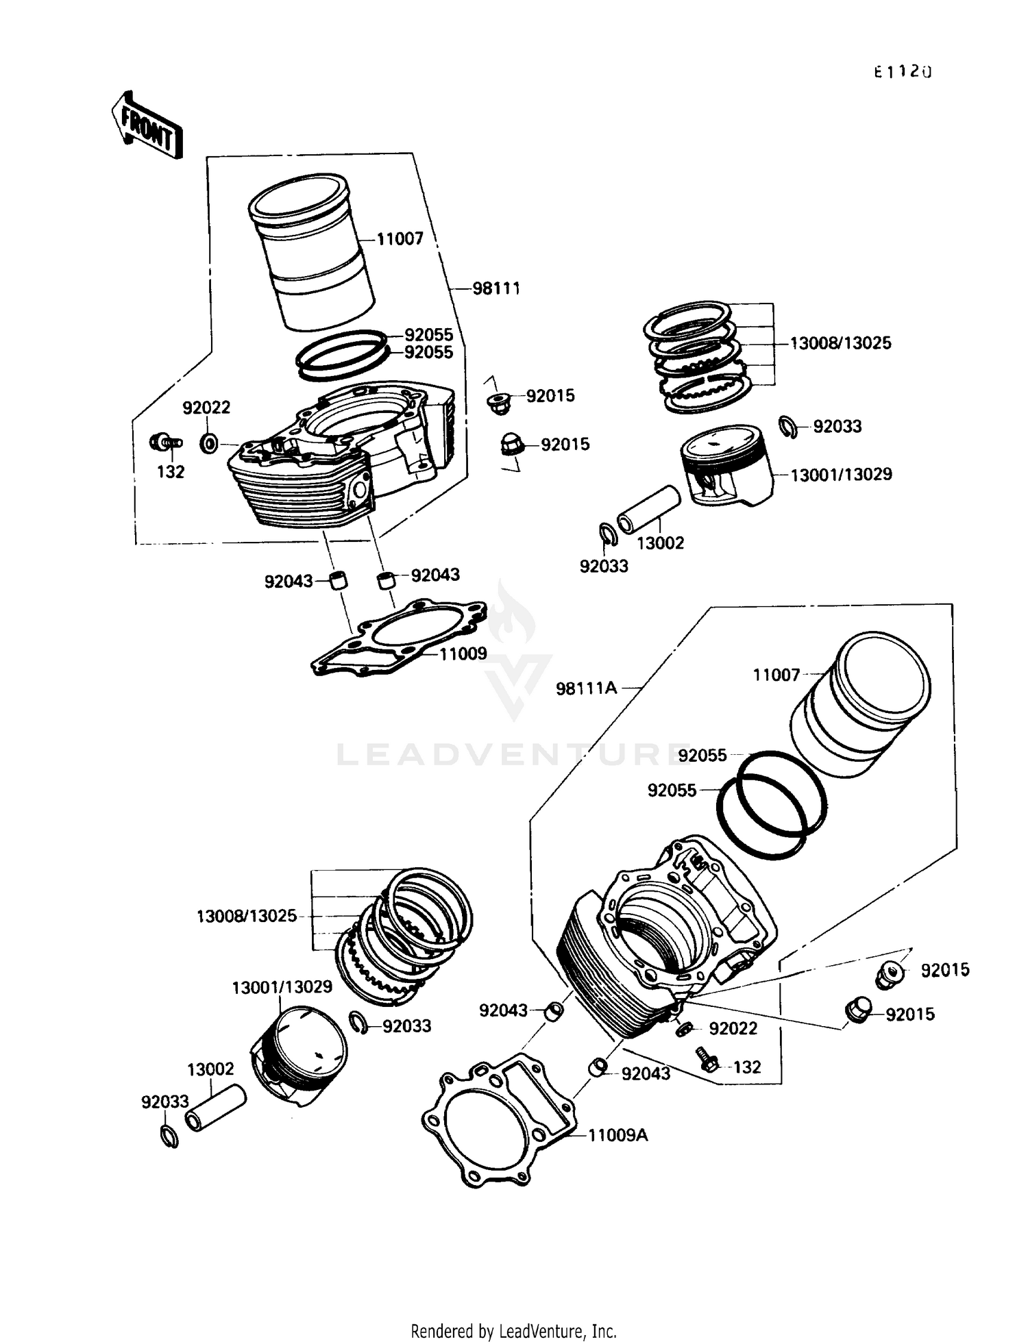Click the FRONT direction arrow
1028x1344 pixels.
point(147,125)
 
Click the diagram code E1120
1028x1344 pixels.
point(903,72)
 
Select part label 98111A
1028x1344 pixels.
point(586,688)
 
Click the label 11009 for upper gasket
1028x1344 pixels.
point(463,654)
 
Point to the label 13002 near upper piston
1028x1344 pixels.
point(660,543)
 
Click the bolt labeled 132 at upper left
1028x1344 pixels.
point(164,443)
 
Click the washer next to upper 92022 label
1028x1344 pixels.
point(209,443)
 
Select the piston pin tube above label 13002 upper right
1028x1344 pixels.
point(648,510)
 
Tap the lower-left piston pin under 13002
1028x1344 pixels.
point(215,1108)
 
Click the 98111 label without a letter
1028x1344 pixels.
point(496,288)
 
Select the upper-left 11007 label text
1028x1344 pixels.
point(400,239)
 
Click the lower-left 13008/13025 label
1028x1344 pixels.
point(246,916)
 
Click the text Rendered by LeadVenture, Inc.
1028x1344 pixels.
point(513,1331)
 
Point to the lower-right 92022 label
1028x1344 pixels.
point(733,1028)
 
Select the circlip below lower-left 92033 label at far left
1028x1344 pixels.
point(169,1136)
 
